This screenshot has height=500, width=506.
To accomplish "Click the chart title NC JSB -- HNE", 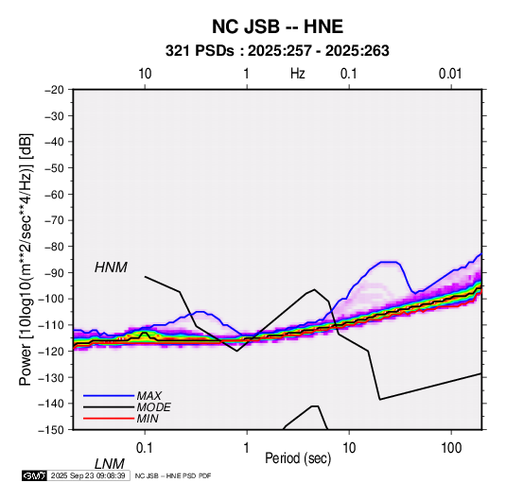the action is coord(277,26).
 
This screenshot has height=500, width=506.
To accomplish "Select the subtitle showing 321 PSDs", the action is coord(277,51).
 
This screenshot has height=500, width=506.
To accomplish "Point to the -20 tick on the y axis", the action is coord(54,90).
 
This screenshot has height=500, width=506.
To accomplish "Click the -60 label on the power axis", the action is coord(54,194).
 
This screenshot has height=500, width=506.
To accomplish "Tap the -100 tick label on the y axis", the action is coord(52,299).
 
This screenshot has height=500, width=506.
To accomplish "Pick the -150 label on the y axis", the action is coord(52,430).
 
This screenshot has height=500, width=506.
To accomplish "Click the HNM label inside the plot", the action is coord(111,267).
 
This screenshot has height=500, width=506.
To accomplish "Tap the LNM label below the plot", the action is coord(110,464).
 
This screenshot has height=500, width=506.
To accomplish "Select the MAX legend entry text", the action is coord(149,395).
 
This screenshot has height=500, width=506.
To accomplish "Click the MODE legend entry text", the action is coord(153,407).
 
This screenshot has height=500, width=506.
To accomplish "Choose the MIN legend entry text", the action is coord(148,419).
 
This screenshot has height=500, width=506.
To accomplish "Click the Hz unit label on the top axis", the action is coord(298,74).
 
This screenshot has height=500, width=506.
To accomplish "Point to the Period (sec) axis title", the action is coord(298,458).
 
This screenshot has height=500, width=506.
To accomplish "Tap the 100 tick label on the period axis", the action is coord(451,448).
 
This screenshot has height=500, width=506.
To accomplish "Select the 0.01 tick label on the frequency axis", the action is coord(450,74).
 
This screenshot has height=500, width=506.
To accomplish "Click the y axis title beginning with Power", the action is coord(26,259).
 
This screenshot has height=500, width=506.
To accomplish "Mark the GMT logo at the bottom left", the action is coord(34,475).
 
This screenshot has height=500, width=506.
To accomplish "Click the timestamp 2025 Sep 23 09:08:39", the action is coord(88,475).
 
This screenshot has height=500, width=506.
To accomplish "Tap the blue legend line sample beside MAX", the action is coord(109,396).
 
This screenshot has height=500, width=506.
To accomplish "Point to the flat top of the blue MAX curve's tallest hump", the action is coord(389,262).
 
